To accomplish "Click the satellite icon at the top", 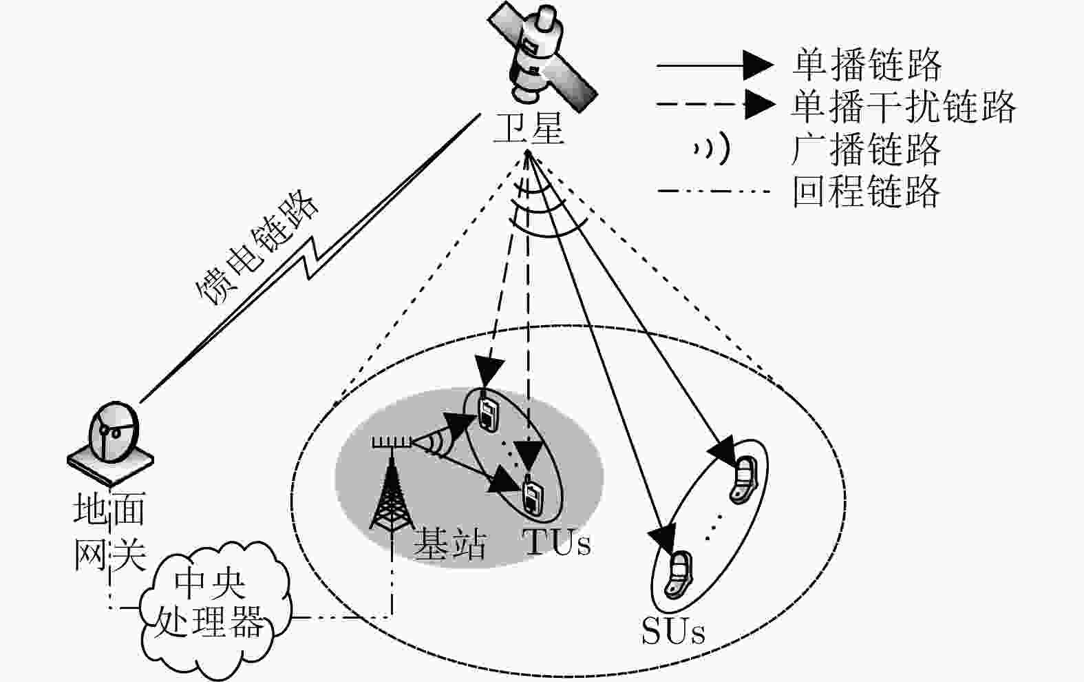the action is click(542, 56).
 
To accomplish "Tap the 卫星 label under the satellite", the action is click(529, 128).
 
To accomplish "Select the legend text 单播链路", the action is click(867, 65).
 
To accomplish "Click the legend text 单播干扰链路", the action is click(903, 107).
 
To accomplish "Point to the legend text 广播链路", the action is click(867, 149).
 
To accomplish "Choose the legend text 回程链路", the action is click(867, 192).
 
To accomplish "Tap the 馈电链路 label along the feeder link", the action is click(257, 247).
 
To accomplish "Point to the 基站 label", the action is click(449, 544).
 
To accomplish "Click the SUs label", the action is click(673, 630).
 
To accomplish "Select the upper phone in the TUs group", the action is click(488, 413).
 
